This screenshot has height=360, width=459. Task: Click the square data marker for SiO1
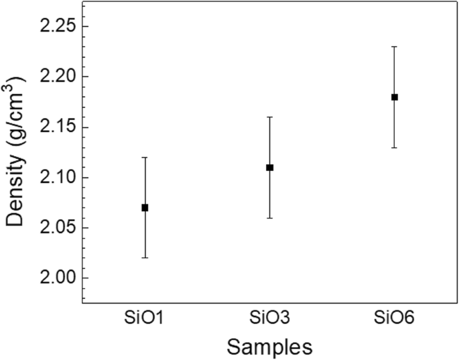145,208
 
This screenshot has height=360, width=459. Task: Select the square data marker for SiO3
269,168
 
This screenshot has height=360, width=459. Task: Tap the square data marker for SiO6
395,97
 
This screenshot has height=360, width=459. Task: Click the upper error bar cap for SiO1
145,158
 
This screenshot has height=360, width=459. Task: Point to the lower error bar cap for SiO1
145,258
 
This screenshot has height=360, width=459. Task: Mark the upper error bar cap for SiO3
269,117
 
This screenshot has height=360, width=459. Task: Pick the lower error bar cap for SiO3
269,218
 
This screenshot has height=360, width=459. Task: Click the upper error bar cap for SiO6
395,47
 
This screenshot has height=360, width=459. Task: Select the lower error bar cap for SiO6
395,147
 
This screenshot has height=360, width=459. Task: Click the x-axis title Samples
269,347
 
